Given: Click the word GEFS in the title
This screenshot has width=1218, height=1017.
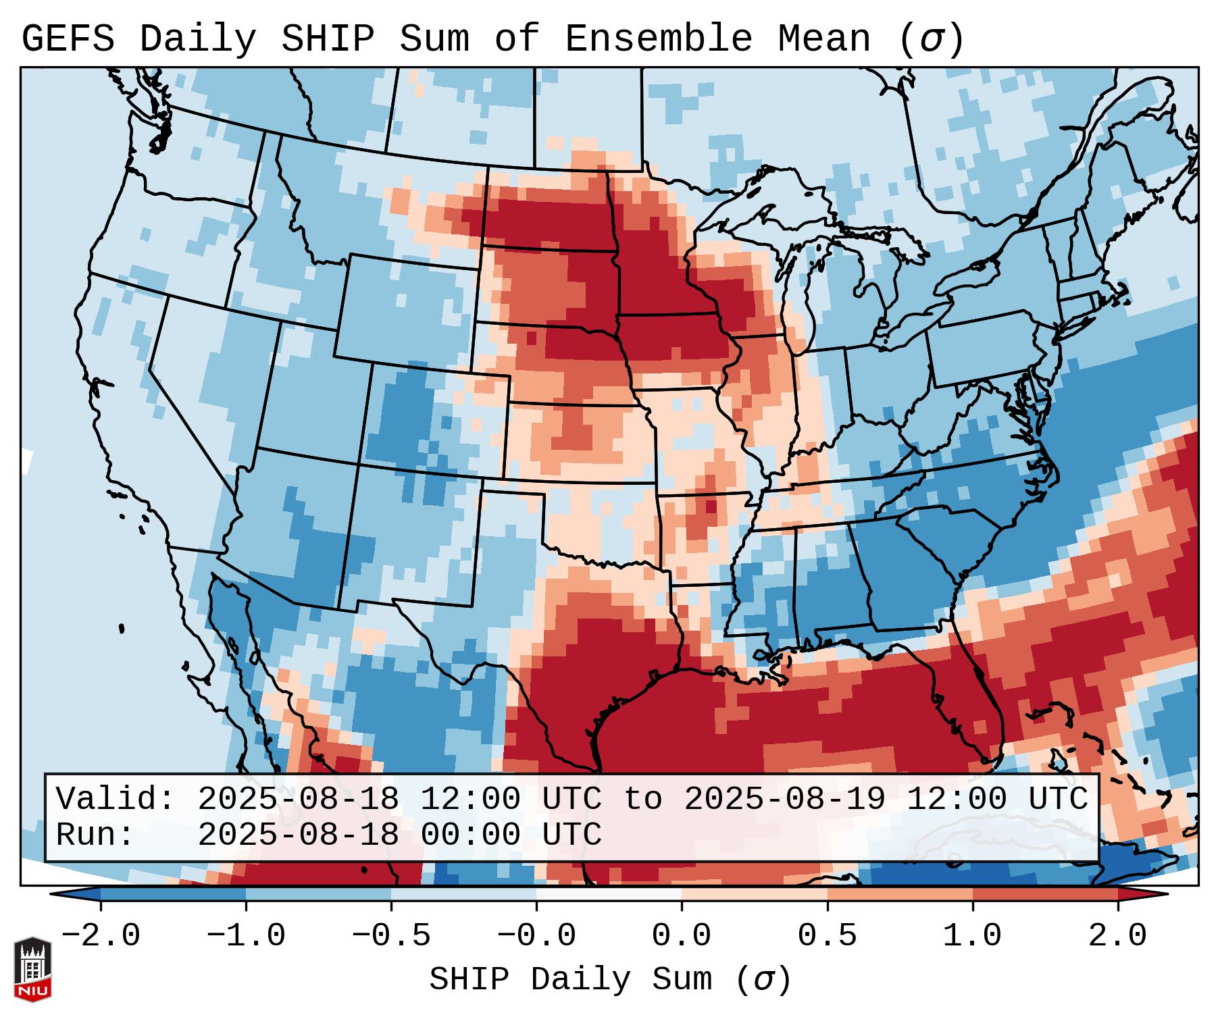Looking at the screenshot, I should click(68, 38).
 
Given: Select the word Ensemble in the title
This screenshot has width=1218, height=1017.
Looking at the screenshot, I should click(658, 38).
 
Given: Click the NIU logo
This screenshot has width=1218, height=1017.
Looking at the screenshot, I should click(32, 970).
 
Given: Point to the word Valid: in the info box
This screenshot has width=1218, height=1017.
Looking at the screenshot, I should click(116, 799).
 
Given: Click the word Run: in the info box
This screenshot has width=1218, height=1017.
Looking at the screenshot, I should click(95, 835).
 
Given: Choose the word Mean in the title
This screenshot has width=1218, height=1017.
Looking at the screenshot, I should click(824, 38).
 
